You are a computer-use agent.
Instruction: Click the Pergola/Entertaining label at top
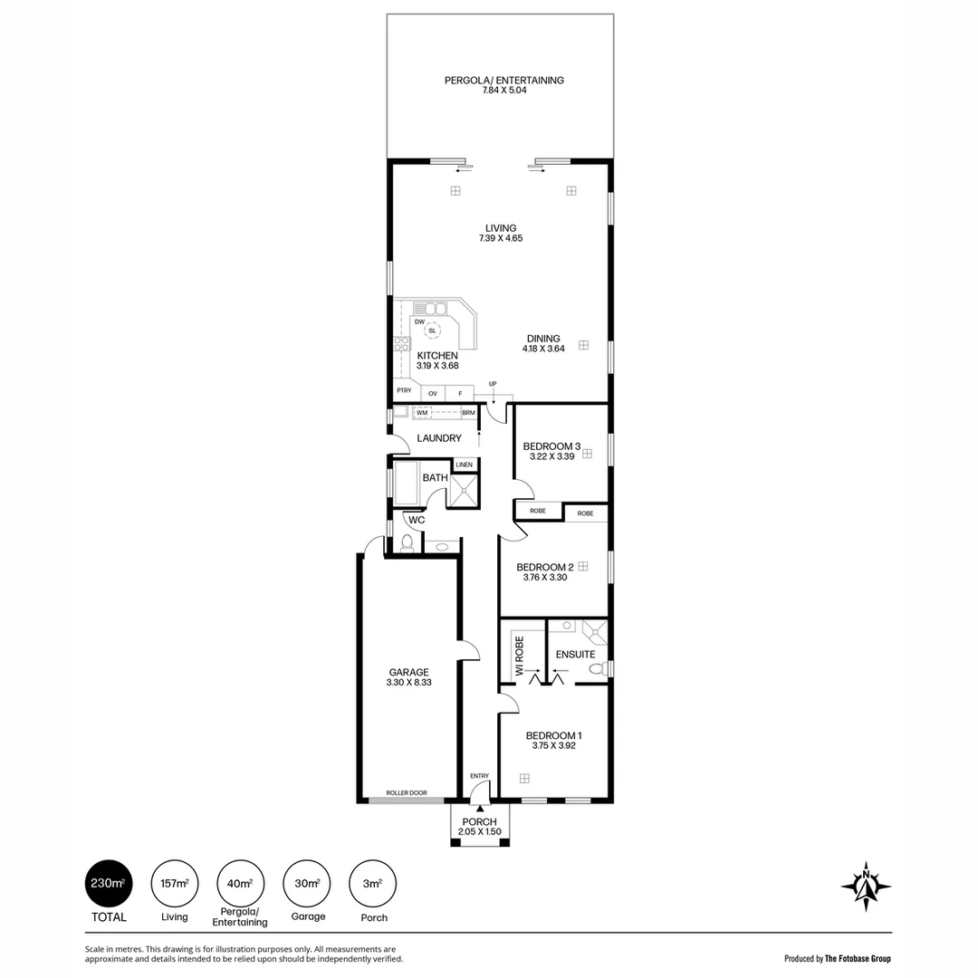(x=503, y=81)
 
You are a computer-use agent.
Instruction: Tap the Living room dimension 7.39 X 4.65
(x=501, y=239)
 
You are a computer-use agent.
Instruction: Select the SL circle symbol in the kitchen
(x=432, y=331)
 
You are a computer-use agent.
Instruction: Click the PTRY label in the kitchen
(x=404, y=391)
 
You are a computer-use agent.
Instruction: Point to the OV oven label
(x=433, y=393)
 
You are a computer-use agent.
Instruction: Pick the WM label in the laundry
(x=422, y=413)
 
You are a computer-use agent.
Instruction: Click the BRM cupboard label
(x=468, y=413)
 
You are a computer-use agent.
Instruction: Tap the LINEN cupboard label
(x=464, y=465)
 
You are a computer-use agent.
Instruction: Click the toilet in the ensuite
(x=596, y=669)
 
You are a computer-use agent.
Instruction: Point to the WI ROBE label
(x=520, y=653)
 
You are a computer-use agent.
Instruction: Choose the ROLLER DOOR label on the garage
(x=406, y=792)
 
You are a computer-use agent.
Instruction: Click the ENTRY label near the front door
(x=479, y=776)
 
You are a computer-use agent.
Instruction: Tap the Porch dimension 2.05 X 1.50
(x=480, y=832)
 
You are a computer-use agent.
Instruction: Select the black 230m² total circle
(x=109, y=883)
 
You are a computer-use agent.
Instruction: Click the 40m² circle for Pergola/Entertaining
(x=240, y=883)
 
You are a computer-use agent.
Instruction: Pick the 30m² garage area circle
(x=307, y=883)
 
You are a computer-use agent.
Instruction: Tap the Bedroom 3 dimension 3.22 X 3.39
(x=551, y=456)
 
